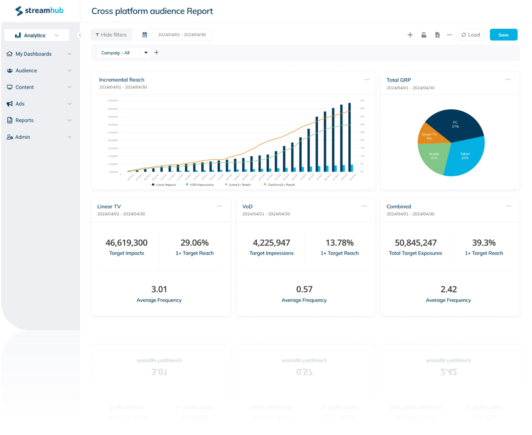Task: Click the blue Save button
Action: (503, 35)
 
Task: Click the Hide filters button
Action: (111, 35)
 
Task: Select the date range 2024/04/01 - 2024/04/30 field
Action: (182, 35)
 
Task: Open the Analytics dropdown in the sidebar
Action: (37, 35)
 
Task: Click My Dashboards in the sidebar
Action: (33, 54)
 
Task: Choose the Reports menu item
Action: (25, 120)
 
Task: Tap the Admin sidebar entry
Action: (22, 137)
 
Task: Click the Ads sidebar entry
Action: (20, 104)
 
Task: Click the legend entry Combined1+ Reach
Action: (281, 185)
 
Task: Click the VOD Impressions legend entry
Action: (201, 185)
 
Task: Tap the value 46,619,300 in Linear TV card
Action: (126, 243)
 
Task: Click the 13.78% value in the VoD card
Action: (340, 243)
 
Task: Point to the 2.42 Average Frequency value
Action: (448, 289)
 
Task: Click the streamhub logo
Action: (39, 11)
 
